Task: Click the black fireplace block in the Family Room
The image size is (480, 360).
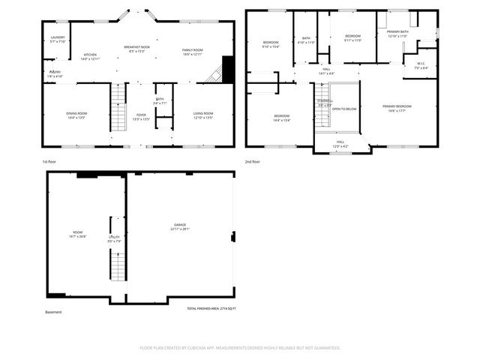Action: point(228,68)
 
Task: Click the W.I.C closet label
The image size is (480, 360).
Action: point(421,65)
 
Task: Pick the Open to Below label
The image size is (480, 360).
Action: point(343,109)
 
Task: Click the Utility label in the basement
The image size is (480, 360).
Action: point(113,238)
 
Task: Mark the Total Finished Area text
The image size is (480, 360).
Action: point(211,308)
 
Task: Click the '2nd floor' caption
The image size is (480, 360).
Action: point(253,161)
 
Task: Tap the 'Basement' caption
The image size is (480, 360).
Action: point(53,312)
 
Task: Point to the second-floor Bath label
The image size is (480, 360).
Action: point(306,40)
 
